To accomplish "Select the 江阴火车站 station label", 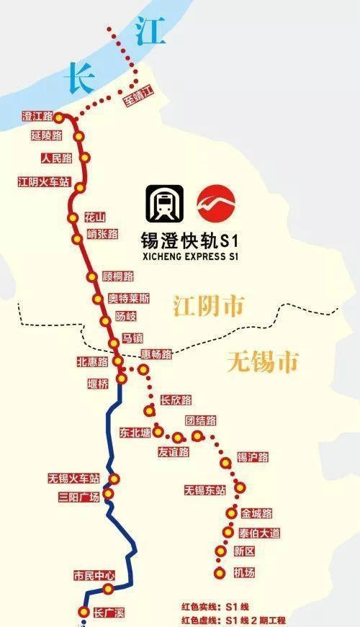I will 43,182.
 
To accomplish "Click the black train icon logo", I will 164,204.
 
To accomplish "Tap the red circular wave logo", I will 217,204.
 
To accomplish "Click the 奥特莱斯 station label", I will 129,299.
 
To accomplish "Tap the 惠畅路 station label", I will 156,354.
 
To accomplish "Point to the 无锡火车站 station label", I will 73,478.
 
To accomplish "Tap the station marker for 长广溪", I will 84,612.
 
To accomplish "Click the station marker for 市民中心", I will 108,590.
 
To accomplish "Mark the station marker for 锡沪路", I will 226,463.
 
